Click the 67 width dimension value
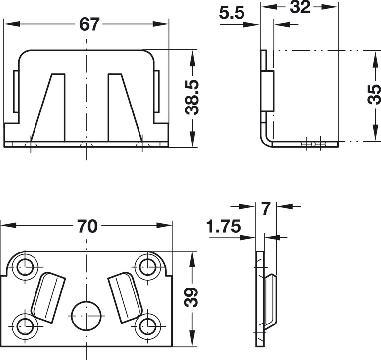pyautogui.click(x=89, y=24)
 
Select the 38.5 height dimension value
pyautogui.click(x=192, y=97)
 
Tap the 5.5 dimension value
pyautogui.click(x=231, y=13)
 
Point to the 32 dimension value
pyautogui.click(x=300, y=7)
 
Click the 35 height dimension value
pyautogui.click(x=374, y=94)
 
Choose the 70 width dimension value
pyautogui.click(x=88, y=226)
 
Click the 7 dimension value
pyautogui.click(x=266, y=209)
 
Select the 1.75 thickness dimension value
pyautogui.click(x=224, y=226)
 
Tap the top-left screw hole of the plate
pyautogui.click(x=25, y=267)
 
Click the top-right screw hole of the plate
pyautogui.click(x=148, y=267)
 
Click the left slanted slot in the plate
pyautogui.click(x=48, y=297)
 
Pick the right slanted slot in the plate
pyautogui.click(x=125, y=297)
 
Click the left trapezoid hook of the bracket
pyautogui.click(x=48, y=107)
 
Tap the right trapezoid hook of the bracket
pyautogui.click(x=125, y=107)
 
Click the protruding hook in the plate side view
pyautogui.click(x=270, y=302)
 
